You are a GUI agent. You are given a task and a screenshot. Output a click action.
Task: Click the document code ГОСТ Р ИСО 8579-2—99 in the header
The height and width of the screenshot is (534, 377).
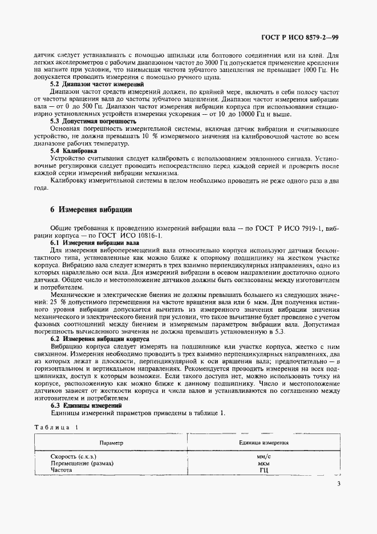click(x=308, y=38)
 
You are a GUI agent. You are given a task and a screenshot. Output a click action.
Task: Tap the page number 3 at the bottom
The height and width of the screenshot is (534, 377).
click(x=338, y=484)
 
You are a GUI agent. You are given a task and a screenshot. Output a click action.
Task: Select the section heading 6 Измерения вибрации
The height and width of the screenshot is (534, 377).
click(x=91, y=210)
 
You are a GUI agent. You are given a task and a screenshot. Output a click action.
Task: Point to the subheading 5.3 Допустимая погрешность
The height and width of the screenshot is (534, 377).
click(x=93, y=121)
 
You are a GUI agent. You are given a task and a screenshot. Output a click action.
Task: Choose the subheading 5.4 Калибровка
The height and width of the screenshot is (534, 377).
click(x=73, y=151)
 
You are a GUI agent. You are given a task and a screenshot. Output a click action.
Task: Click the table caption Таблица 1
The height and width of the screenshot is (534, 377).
click(x=58, y=428)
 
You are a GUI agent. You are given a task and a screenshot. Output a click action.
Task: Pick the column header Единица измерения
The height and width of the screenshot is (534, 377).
click(x=264, y=443)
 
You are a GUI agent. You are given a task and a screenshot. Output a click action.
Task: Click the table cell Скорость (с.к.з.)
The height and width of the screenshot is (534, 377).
click(x=74, y=457)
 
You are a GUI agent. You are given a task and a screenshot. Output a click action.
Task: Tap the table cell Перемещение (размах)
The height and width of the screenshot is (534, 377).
click(x=82, y=464)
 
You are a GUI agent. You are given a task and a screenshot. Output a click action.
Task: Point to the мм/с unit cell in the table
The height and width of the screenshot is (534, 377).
click(x=264, y=457)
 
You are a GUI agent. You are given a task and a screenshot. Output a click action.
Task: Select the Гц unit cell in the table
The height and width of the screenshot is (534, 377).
click(x=264, y=471)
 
